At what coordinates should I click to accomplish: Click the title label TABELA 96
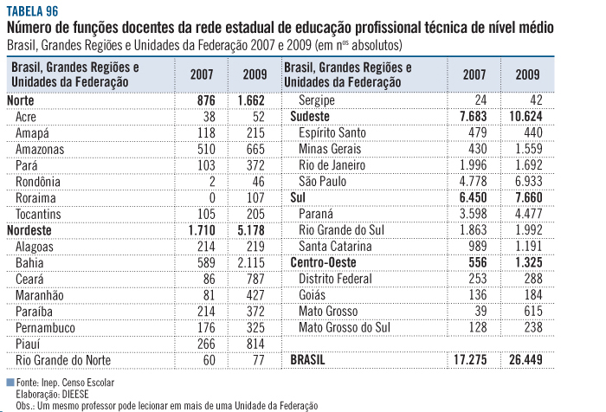(x=31, y=11)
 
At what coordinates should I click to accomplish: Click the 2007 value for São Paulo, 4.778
(x=474, y=181)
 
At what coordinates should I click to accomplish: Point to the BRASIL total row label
(x=313, y=359)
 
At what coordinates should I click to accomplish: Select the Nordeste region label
(x=30, y=230)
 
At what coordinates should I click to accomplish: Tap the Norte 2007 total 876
(x=203, y=100)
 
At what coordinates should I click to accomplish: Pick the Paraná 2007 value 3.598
(x=474, y=214)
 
